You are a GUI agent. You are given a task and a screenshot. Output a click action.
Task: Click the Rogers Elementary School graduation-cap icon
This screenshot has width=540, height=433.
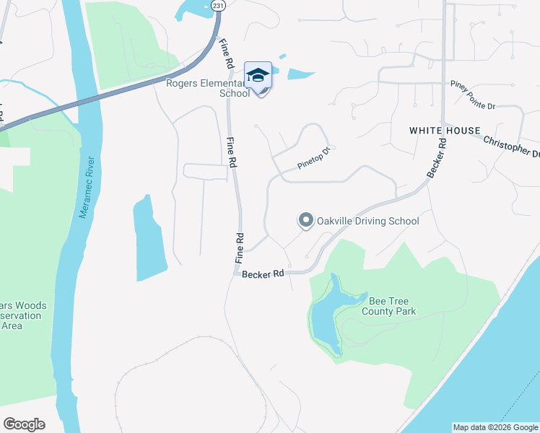click(x=258, y=75)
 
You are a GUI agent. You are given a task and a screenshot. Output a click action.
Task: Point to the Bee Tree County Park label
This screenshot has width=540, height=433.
click(x=392, y=307)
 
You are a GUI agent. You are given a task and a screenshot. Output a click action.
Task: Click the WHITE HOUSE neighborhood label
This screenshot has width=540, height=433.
click(x=445, y=131)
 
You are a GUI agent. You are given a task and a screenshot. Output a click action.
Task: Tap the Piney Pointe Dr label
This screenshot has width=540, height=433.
click(x=472, y=105)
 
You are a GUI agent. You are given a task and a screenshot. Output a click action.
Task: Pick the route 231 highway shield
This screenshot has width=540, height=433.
click(x=219, y=5)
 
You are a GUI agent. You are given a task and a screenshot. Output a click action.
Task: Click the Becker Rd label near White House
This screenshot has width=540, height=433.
click(x=438, y=155)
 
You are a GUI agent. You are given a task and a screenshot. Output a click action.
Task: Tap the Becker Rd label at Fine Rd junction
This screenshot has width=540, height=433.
click(x=263, y=274)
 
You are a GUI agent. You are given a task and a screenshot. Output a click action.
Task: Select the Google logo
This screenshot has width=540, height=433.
click(x=24, y=424)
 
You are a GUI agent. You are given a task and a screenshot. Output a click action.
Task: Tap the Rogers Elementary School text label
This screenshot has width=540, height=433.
click(x=209, y=87)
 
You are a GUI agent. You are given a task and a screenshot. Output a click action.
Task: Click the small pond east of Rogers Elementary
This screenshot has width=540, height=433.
click(x=301, y=74)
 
